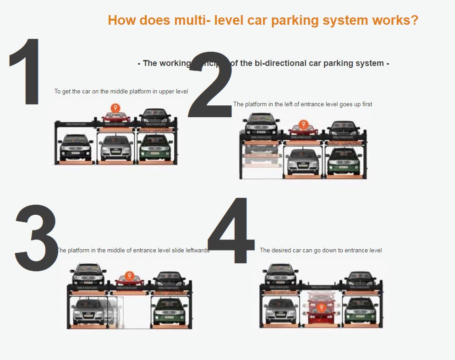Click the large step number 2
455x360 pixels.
[x=211, y=87]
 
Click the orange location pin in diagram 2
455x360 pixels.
[x=302, y=124]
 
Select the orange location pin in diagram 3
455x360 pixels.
[x=130, y=276]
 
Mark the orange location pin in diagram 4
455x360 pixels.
[x=321, y=307]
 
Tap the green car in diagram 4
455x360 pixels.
[x=361, y=310]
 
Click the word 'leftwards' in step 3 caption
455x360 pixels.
[x=196, y=251]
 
